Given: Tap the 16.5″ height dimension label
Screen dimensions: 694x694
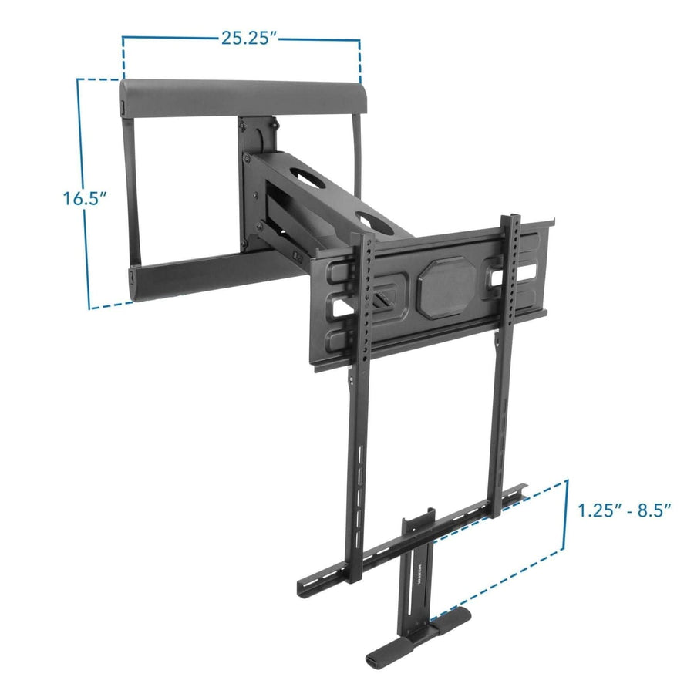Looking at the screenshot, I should (84, 198).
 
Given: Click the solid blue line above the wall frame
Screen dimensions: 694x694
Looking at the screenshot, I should (241, 38).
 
